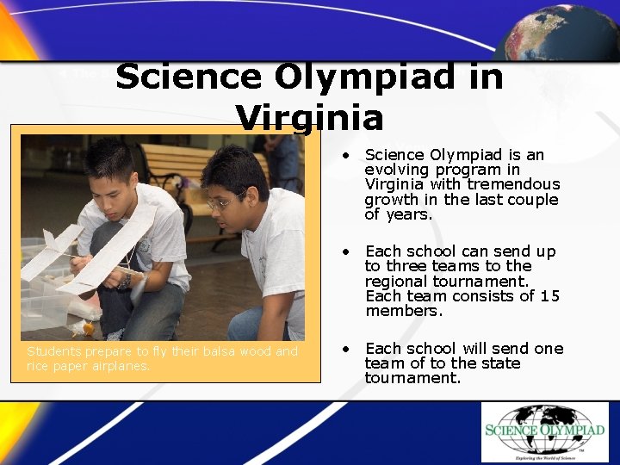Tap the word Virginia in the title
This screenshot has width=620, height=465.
click(310, 117)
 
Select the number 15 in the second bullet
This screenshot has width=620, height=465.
click(550, 296)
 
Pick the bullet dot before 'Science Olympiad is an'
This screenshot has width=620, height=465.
click(344, 156)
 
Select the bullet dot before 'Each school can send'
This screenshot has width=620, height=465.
click(344, 252)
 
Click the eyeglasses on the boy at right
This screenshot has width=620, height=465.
click(223, 203)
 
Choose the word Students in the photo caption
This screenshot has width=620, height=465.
click(53, 351)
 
